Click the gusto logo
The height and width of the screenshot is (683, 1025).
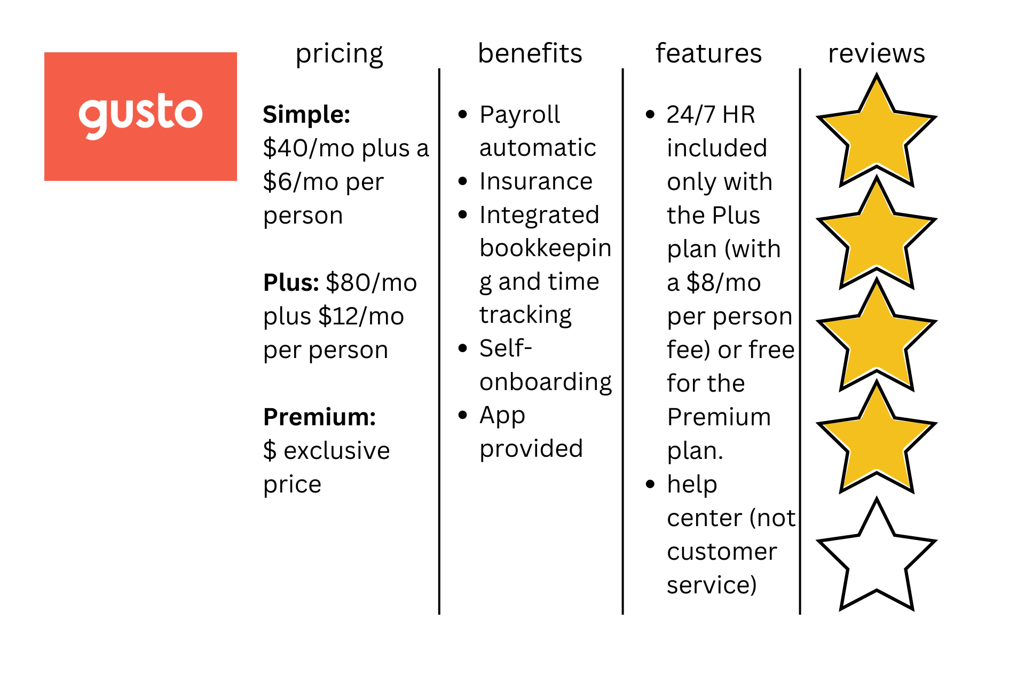tap(140, 116)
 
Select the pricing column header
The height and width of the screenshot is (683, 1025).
tap(340, 54)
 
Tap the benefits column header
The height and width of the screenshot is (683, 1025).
tap(530, 53)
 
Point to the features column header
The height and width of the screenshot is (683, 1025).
tap(709, 53)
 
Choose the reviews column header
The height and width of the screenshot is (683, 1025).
tap(877, 54)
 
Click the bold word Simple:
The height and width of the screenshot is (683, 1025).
tap(306, 115)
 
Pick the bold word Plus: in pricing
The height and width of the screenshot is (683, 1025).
tap(291, 283)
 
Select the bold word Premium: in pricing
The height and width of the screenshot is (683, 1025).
tap(320, 417)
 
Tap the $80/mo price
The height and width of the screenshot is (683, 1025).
tap(372, 283)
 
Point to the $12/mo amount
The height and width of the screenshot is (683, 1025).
tap(361, 316)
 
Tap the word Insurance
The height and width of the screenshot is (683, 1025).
tap(536, 181)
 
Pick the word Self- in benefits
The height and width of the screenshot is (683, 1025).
tap(506, 348)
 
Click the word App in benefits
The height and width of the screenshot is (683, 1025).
tap(502, 416)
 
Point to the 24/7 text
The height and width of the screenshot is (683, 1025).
tap(691, 115)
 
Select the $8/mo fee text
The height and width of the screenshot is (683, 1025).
tap(723, 283)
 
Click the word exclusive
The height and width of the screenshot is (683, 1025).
tap(337, 451)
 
